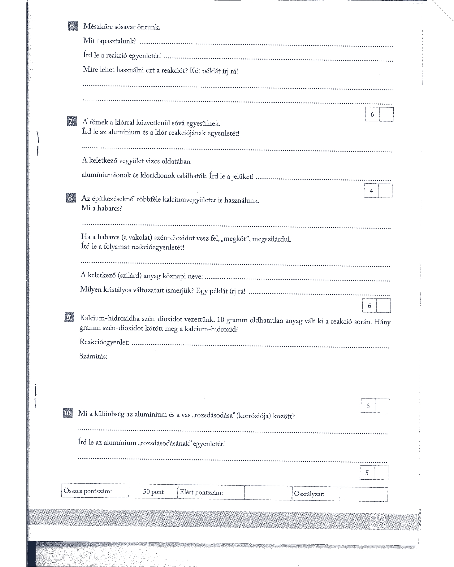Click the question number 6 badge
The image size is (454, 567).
click(73, 26)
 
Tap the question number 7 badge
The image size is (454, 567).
click(72, 121)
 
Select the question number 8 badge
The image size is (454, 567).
click(71, 198)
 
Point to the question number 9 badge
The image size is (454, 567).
click(69, 317)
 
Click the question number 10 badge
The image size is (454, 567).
click(68, 413)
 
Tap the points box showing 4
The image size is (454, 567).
click(371, 191)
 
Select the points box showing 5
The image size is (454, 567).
click(367, 473)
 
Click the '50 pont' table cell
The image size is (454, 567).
click(153, 492)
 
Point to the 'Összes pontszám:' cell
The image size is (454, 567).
click(88, 491)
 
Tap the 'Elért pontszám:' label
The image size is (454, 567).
click(201, 492)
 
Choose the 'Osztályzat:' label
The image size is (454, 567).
click(309, 494)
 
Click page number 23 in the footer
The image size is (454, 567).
click(377, 522)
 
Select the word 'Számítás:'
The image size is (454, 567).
click(93, 356)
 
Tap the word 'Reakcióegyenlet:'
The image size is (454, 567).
click(104, 342)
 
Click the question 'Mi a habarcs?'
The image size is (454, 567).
click(101, 208)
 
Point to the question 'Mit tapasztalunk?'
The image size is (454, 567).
click(110, 41)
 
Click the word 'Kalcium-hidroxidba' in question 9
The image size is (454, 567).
click(110, 318)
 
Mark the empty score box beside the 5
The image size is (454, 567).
click(381, 473)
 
